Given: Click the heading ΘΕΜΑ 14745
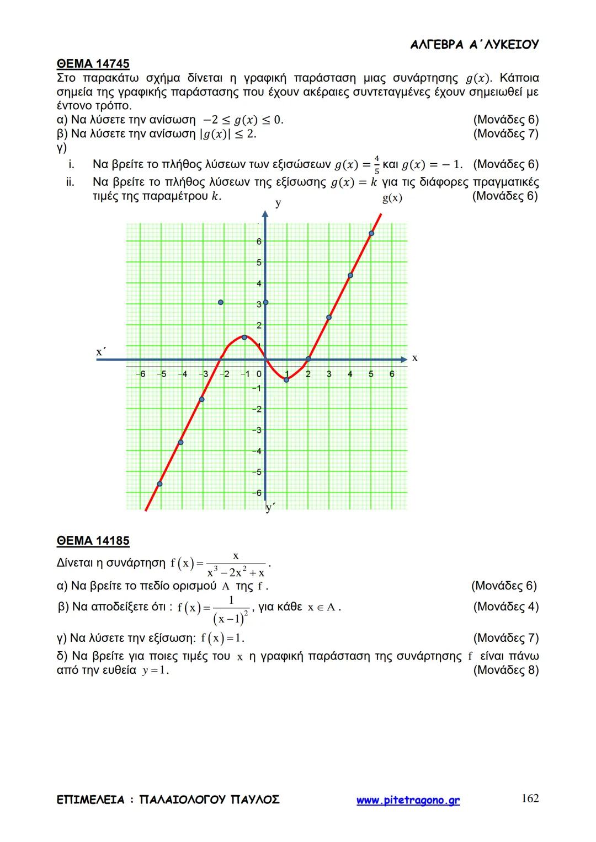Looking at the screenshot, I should pyautogui.click(x=93, y=64).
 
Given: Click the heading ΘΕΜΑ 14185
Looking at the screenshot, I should pyautogui.click(x=93, y=541).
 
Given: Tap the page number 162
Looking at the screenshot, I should pyautogui.click(x=530, y=798).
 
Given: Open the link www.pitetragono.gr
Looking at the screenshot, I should pyautogui.click(x=408, y=800).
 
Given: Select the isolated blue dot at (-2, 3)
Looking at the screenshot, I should pyautogui.click(x=221, y=302).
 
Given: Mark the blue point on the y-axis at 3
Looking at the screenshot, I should pyautogui.click(x=265, y=302).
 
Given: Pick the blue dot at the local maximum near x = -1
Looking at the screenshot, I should pyautogui.click(x=244, y=337).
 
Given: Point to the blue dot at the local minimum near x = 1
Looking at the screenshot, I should pyautogui.click(x=286, y=379).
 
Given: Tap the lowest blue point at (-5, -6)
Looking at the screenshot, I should pyautogui.click(x=159, y=484).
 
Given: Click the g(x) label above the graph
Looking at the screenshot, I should pyautogui.click(x=392, y=199).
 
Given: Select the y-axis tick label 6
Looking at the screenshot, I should pyautogui.click(x=259, y=242).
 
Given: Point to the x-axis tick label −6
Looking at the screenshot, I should pyautogui.click(x=141, y=374).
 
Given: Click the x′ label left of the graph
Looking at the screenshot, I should pyautogui.click(x=101, y=351).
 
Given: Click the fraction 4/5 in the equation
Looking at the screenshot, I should pyautogui.click(x=376, y=164).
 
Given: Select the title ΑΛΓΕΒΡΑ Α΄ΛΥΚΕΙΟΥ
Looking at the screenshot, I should pyautogui.click(x=475, y=45).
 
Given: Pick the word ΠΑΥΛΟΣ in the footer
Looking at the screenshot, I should pyautogui.click(x=255, y=800).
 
